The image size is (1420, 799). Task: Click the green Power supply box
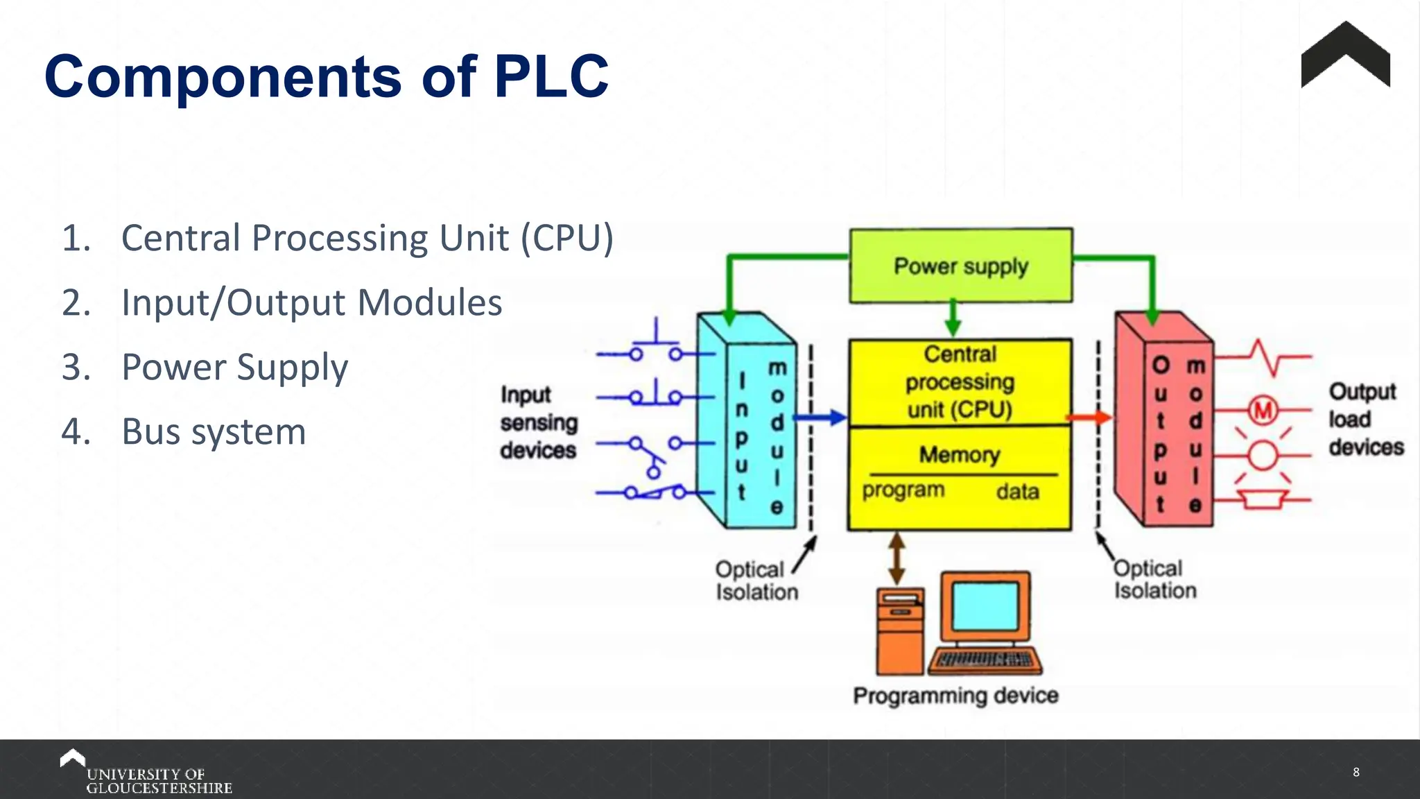point(961,266)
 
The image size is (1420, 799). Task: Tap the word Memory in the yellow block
point(960,455)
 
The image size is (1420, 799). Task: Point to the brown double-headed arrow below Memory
point(897,558)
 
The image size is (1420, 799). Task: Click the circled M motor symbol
point(1263,411)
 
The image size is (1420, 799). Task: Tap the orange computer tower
point(900,631)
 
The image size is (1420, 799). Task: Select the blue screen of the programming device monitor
point(985,605)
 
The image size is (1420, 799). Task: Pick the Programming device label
point(955,696)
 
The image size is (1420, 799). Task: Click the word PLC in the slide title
point(551,76)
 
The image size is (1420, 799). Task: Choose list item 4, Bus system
point(214,431)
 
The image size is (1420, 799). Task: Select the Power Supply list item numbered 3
point(234,367)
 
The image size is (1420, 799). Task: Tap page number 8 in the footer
point(1356,772)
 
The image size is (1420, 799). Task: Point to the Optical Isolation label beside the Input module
point(756,581)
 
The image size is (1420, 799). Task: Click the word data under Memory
point(1017,492)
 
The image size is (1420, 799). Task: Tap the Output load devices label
point(1364,419)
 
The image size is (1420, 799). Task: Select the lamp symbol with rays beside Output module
point(1263,456)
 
